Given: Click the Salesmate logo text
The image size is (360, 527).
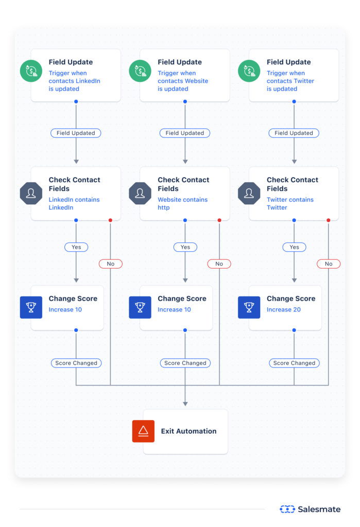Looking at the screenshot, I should (x=319, y=509).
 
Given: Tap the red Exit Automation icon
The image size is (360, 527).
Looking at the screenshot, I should (x=143, y=431).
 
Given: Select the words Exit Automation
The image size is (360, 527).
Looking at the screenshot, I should (x=188, y=431).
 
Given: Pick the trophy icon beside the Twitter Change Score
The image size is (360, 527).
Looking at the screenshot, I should (x=249, y=307).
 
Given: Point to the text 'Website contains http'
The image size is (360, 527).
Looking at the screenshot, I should (x=182, y=203).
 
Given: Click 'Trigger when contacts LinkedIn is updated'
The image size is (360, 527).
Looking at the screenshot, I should (x=74, y=81).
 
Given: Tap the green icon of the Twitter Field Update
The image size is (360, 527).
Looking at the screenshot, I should (x=249, y=71).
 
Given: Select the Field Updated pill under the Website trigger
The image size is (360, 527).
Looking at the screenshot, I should (x=185, y=133).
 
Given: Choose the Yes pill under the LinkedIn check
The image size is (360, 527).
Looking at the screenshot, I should (x=76, y=247).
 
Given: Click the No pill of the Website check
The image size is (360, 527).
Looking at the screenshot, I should (x=219, y=263).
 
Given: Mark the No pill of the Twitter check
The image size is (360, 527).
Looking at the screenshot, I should (x=329, y=263).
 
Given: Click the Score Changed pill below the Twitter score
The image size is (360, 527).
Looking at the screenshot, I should (x=294, y=363).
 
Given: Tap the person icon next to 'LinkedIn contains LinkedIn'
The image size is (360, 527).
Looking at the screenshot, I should (x=31, y=193).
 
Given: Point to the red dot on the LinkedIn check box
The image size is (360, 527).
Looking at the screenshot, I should (x=110, y=220).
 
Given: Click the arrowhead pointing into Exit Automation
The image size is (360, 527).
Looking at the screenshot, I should (x=185, y=404).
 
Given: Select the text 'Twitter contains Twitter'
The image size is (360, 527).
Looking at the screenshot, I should (x=290, y=203).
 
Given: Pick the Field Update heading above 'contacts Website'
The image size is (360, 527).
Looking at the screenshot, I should (x=180, y=62).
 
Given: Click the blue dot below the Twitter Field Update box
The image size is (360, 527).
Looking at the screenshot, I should (x=294, y=101).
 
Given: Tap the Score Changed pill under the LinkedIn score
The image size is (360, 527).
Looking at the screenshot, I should (x=76, y=363).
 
